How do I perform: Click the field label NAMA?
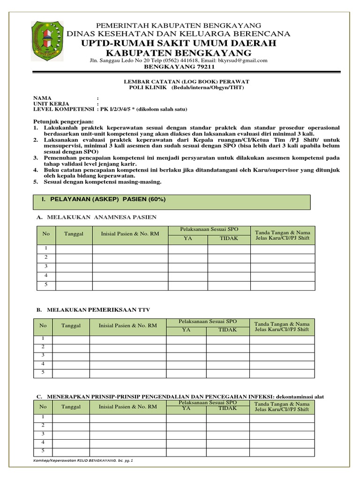click(x=41, y=98)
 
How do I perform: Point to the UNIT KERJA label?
click(x=51, y=104)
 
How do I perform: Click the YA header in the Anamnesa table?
click(x=187, y=239)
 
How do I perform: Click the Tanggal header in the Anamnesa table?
click(x=74, y=234)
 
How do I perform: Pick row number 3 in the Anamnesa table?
click(x=46, y=266)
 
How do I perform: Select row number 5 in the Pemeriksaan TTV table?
click(x=43, y=372)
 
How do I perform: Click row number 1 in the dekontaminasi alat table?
click(x=43, y=417)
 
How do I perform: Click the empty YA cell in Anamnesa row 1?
click(x=187, y=248)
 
